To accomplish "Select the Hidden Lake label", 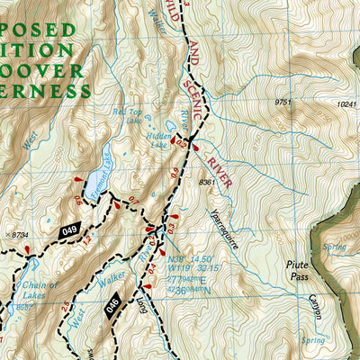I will [x=159, y=138].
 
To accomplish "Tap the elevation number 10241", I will [x=346, y=104].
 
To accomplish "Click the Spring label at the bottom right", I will [x=312, y=340].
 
